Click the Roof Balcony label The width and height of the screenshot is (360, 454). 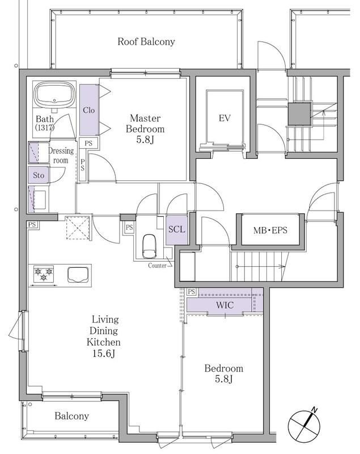(146, 41)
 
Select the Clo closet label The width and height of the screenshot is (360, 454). (89, 110)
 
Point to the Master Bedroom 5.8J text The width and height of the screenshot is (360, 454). (145, 129)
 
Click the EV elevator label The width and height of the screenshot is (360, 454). (225, 118)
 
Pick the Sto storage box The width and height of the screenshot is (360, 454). (39, 175)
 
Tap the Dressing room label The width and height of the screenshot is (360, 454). (61, 155)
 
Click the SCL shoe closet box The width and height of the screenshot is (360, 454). (177, 230)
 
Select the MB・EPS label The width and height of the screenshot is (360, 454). (270, 230)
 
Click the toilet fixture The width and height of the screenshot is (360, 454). (150, 246)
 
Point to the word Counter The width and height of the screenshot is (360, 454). (157, 266)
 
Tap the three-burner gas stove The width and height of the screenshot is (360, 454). (44, 274)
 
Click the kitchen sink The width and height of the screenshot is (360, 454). (78, 275)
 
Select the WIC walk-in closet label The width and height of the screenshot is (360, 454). (225, 305)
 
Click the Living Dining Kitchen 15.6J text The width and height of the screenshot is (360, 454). (104, 337)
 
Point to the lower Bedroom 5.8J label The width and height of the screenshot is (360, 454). (224, 373)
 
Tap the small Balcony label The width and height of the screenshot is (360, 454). (71, 416)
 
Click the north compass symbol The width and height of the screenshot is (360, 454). (304, 425)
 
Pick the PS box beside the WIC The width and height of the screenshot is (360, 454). (192, 292)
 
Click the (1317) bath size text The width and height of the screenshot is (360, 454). (45, 127)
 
